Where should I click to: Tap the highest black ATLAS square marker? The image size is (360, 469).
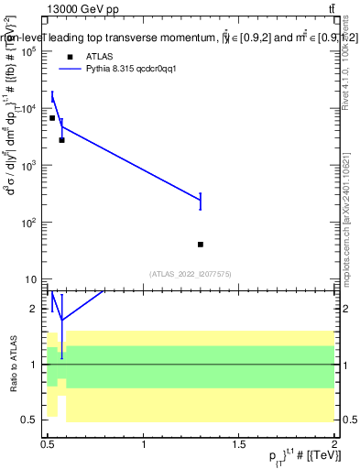tap(52, 118)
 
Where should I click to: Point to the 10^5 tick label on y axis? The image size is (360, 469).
tap(27, 51)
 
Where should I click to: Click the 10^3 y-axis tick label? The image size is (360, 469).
tap(27, 166)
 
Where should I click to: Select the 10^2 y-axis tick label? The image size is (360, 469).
tap(27, 223)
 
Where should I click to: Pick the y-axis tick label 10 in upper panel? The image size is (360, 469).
tap(30, 279)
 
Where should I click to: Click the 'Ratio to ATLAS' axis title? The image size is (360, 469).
tap(13, 365)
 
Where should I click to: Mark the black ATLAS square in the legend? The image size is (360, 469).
tap(71, 56)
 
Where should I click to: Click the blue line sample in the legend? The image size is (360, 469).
tap(71, 69)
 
